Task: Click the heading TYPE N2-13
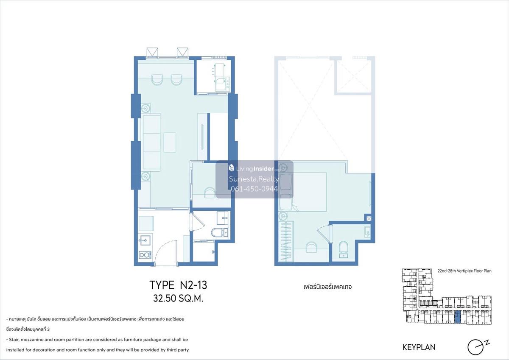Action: coord(178,285)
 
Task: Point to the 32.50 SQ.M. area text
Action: coord(178,298)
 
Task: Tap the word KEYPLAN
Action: coord(419,347)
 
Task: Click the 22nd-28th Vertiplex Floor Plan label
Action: coord(464,271)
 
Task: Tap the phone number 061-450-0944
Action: coord(254,189)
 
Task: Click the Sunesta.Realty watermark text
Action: coord(254,179)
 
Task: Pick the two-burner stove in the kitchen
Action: coord(145,255)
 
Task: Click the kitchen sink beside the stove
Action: coord(144,240)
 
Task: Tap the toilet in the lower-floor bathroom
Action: coord(216,232)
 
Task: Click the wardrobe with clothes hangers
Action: coord(285,242)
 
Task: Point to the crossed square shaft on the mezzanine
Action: coord(369,218)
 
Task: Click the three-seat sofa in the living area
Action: coord(151,142)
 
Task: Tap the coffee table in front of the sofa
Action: coord(170,142)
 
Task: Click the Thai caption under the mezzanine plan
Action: coord(327,287)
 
